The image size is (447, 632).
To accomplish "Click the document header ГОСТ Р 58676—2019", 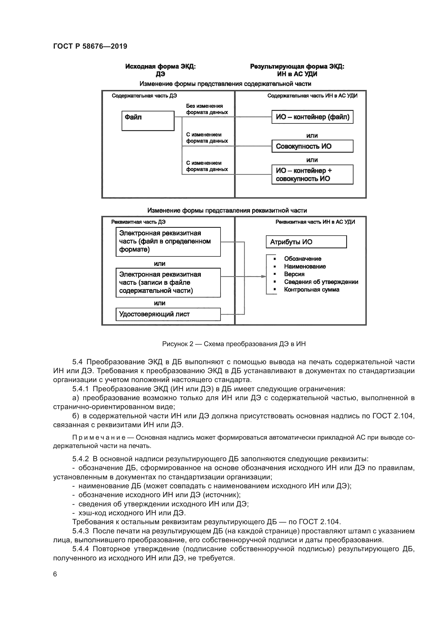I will point(90,46).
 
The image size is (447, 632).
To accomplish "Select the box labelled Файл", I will point(148,121).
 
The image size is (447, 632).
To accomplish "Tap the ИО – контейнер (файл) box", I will point(312,117).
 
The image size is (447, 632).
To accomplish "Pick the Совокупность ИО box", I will point(312,146).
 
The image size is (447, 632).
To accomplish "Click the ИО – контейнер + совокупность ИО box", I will point(312,175).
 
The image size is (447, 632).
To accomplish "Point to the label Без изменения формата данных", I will point(207,109).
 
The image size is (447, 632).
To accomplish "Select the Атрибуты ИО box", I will point(306,242).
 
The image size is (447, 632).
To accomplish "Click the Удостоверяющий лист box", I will point(168,314).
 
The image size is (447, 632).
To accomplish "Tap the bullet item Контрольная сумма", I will point(312,290).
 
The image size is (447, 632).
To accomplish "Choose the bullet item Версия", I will point(294,274).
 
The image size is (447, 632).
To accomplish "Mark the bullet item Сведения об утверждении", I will point(321,282).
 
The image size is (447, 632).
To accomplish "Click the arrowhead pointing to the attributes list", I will point(264,276).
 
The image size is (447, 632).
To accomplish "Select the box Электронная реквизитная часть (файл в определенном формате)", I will point(168,241).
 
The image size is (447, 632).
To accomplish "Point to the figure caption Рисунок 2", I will point(234,344).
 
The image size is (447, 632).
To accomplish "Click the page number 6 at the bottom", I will point(55,574).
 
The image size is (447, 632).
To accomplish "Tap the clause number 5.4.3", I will point(80,531).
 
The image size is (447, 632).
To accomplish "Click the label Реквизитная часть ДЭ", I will point(138,222).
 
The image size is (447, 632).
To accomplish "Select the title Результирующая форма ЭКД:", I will point(297,67).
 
